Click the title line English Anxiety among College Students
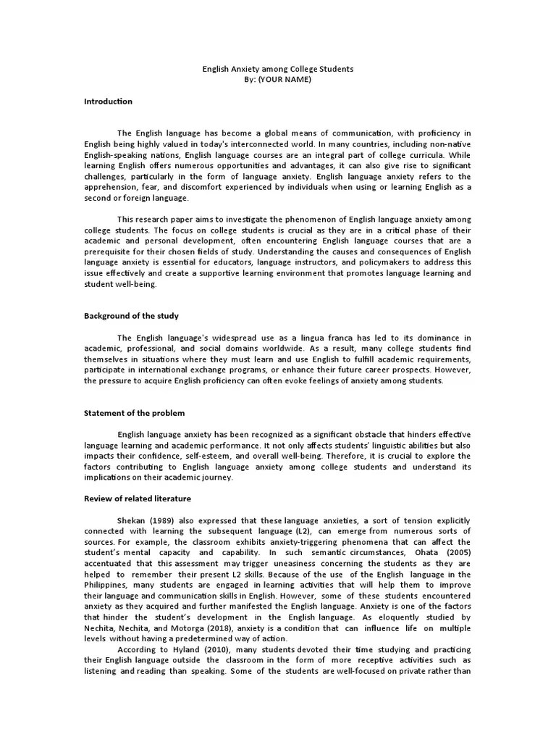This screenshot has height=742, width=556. [x=277, y=69]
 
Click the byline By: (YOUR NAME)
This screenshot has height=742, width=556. [x=278, y=79]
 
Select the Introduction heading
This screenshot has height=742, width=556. [x=108, y=101]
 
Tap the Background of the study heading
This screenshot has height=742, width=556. [x=131, y=316]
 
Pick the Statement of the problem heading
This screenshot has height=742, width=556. [x=134, y=413]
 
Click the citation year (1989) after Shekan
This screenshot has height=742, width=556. [x=159, y=521]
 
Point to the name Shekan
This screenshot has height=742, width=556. [x=131, y=521]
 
